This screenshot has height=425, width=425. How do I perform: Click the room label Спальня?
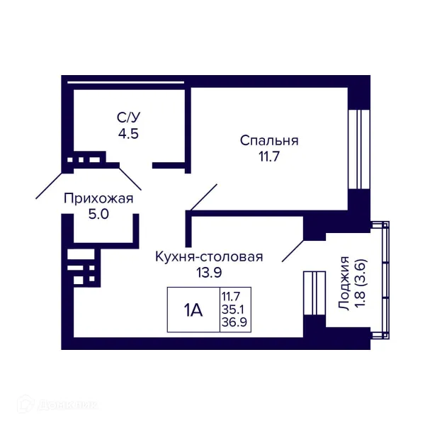tap(268, 140)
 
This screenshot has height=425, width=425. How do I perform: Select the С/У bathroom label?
tap(128, 117)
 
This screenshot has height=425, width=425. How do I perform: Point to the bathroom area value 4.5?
tap(128, 132)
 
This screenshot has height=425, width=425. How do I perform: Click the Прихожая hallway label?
tap(98, 198)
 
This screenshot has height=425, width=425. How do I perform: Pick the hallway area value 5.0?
tap(98, 215)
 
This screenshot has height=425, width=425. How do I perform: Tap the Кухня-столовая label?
tap(209, 256)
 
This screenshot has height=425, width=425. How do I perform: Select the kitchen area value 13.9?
tap(209, 272)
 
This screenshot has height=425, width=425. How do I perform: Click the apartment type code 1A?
tap(193, 310)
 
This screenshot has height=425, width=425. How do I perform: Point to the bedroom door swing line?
tap(203, 198)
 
